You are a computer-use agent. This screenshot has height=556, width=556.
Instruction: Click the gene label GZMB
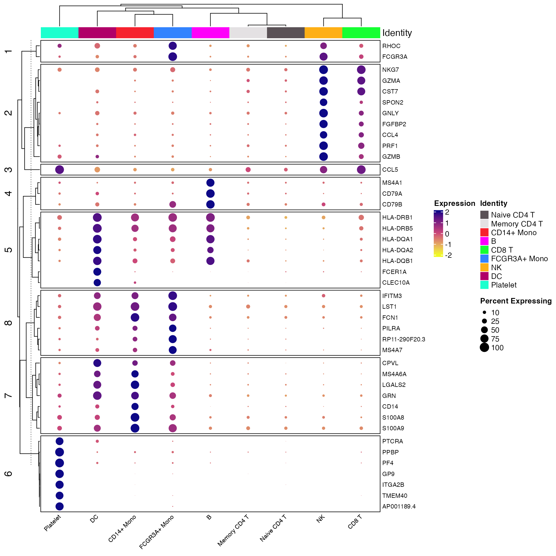click(391, 157)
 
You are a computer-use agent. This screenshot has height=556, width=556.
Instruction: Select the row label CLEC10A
click(396, 283)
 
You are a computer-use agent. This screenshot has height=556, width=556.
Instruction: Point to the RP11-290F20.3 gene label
click(403, 339)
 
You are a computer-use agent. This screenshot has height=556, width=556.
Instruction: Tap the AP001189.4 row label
click(399, 506)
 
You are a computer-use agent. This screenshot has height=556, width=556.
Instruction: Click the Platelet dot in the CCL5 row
click(59, 170)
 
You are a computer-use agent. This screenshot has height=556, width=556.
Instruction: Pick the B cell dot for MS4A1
click(210, 183)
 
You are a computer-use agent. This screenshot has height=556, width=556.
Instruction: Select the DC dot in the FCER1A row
click(97, 272)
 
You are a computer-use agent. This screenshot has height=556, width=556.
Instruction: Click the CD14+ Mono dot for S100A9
click(135, 428)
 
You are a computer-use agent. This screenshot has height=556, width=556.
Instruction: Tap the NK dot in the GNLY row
click(323, 113)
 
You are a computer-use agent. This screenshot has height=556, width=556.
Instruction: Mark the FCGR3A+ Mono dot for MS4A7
click(173, 350)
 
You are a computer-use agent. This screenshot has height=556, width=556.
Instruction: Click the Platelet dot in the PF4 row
click(59, 463)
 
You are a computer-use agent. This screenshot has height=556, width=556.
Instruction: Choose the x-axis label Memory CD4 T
click(233, 531)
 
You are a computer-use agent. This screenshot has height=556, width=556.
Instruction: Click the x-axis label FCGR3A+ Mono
click(157, 532)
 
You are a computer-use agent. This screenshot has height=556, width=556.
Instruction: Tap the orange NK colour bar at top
click(323, 33)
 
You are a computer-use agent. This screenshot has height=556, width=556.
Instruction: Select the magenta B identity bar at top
click(210, 33)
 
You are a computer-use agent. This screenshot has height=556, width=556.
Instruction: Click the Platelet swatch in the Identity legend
click(484, 285)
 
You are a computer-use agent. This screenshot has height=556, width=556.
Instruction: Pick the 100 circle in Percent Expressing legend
click(484, 348)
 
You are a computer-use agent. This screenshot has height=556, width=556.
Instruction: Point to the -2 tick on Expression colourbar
click(448, 255)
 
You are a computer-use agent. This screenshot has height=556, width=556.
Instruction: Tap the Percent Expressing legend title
click(516, 301)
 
